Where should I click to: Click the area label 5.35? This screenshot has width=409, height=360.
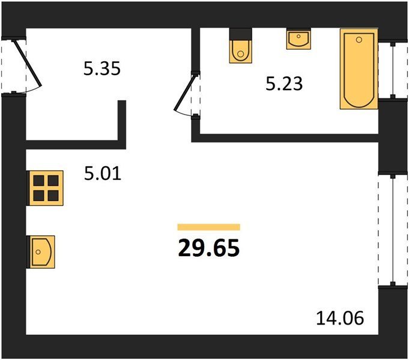click(x=102, y=68)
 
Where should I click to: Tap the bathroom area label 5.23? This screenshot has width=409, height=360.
click(x=284, y=83)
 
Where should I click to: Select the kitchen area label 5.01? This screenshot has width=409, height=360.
click(x=103, y=173)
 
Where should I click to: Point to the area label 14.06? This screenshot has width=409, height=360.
click(x=340, y=318)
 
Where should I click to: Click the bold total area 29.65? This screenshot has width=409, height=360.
click(x=208, y=248)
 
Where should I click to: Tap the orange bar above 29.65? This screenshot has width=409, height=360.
click(x=208, y=227)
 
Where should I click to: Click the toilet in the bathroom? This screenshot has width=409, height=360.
click(x=241, y=46)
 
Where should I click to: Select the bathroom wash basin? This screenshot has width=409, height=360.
click(x=298, y=38)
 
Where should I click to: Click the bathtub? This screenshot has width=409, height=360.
click(x=359, y=69)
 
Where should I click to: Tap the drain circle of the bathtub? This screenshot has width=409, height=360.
click(x=359, y=40)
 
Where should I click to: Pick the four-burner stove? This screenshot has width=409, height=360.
click(x=46, y=188)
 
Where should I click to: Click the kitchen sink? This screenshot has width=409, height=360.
click(x=41, y=252)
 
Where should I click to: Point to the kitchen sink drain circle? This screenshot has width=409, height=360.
click(x=38, y=252)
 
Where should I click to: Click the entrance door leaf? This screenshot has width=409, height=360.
click(x=28, y=63)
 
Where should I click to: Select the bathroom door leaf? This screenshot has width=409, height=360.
click(x=185, y=92)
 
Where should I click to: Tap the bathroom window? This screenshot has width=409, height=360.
click(x=393, y=70)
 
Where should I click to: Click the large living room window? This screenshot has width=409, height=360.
click(x=393, y=230)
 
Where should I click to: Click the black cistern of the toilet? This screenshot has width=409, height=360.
click(x=241, y=34)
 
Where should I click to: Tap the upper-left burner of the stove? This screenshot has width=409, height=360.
click(x=38, y=181)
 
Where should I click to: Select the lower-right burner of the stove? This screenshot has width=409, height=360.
click(x=53, y=196)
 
